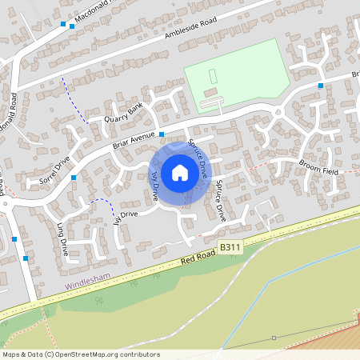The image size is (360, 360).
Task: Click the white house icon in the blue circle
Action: [x=179, y=173]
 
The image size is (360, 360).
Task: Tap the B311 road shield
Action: [x=230, y=249]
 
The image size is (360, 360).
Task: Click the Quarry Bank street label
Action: [x=123, y=114]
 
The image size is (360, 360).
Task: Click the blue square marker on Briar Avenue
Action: [x=162, y=134]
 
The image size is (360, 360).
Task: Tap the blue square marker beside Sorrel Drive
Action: [x=73, y=178]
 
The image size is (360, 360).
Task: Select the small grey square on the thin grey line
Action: [x=273, y=338]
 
